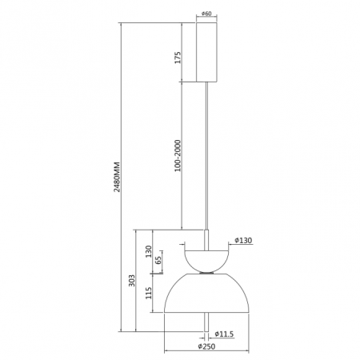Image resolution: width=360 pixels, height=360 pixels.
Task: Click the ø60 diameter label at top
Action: (x=206, y=14)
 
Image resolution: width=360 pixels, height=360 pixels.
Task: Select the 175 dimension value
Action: (x=178, y=58)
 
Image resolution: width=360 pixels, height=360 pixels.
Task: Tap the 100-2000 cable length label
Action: (x=178, y=156)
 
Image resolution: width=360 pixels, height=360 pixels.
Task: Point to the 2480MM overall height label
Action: (x=117, y=177)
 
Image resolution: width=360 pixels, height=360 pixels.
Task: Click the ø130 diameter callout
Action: (x=243, y=241)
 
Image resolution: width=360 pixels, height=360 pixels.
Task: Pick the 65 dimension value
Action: (x=158, y=260)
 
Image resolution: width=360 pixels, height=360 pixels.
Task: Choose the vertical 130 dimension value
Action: (x=148, y=251)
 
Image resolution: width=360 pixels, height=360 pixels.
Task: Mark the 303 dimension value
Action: (x=132, y=281)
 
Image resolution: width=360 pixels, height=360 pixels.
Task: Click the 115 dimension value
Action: (x=149, y=293)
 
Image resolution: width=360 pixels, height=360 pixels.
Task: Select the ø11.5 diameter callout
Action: (x=224, y=334)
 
